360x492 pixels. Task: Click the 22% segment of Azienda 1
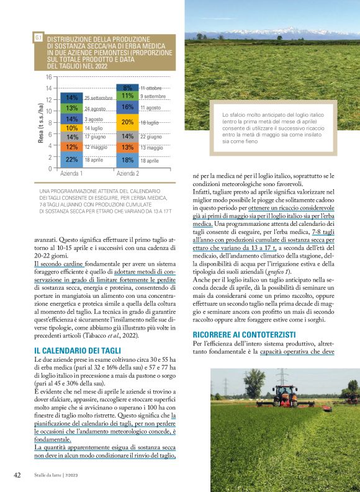(72, 159)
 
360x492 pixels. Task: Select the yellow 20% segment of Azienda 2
(128, 122)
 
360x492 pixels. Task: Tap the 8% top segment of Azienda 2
(128, 87)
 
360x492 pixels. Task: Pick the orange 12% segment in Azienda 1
(72, 147)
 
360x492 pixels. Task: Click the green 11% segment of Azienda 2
(128, 96)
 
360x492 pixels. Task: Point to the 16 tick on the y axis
(47, 77)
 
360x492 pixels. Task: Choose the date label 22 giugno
(151, 136)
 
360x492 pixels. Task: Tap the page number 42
(17, 475)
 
